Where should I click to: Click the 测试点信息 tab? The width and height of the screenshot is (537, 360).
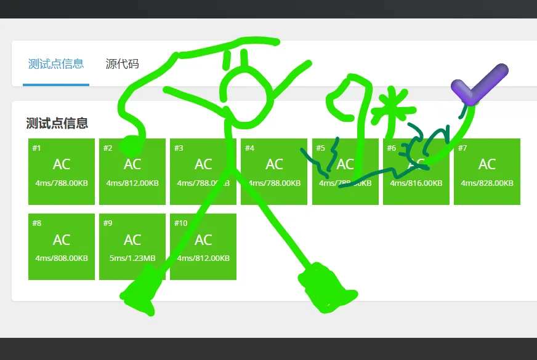[x=56, y=64]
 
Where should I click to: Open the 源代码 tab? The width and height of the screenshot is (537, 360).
[x=122, y=64]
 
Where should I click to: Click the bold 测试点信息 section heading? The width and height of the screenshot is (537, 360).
[x=57, y=123]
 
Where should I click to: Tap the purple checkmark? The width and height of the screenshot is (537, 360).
[x=477, y=85]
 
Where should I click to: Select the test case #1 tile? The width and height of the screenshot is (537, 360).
[x=62, y=171]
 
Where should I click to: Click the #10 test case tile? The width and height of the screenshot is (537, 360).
[x=203, y=246]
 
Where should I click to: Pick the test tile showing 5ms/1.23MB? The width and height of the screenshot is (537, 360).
[x=132, y=246]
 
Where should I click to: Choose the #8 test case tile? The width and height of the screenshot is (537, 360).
[x=62, y=246]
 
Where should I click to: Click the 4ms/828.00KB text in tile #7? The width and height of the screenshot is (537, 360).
[x=487, y=183]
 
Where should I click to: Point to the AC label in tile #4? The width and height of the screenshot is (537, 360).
[x=274, y=164]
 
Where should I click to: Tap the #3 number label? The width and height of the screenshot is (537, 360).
[x=179, y=148]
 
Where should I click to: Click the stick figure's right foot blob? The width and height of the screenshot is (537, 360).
[x=325, y=289]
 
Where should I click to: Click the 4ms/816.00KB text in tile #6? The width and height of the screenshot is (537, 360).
[x=416, y=183]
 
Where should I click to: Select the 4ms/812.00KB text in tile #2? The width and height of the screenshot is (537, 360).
[x=132, y=183]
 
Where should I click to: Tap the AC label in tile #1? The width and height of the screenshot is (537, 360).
[x=62, y=164]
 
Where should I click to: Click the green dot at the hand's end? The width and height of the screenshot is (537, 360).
[x=128, y=145]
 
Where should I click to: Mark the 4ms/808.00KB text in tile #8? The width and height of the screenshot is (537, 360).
[x=62, y=258]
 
